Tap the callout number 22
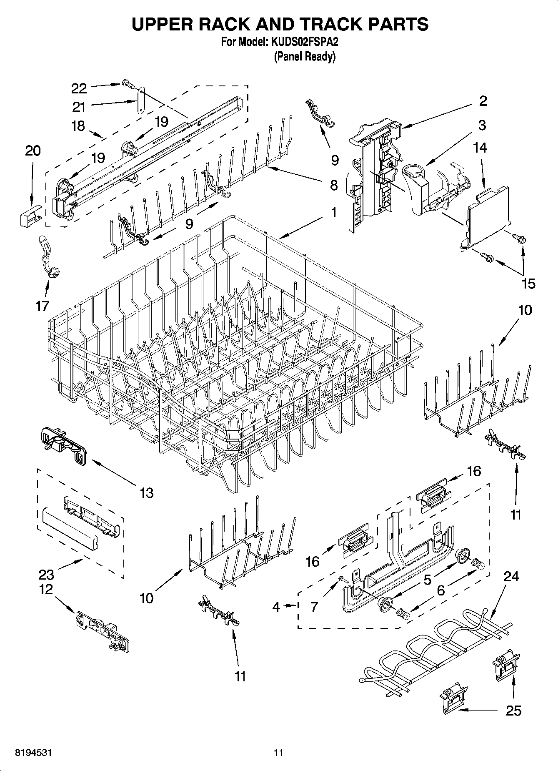[x=79, y=88]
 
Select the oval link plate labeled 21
[x=141, y=100]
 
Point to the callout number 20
[x=33, y=151]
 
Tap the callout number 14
[x=480, y=148]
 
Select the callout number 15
[x=528, y=284]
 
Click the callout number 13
[x=147, y=493]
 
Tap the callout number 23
[x=46, y=575]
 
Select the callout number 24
[x=511, y=576]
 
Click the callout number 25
[x=513, y=711]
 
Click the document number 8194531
[x=34, y=753]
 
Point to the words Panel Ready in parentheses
[x=305, y=57]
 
